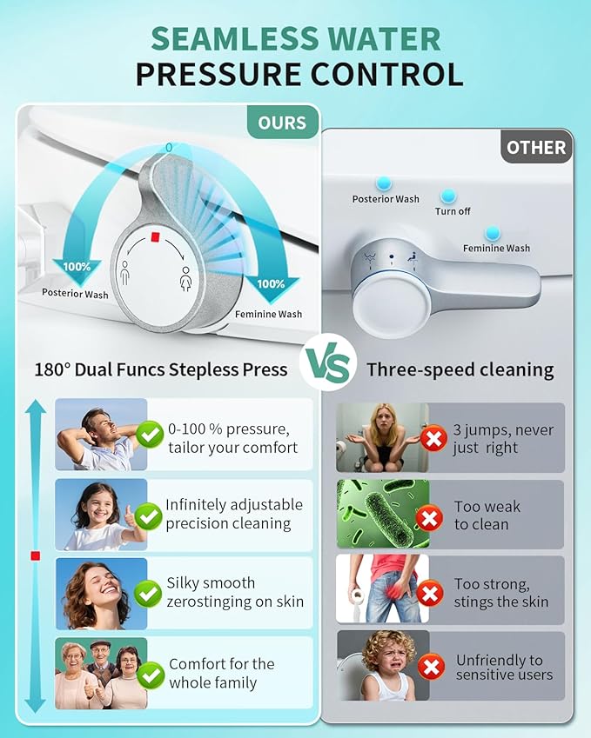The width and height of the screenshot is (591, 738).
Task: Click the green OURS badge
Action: (281, 123)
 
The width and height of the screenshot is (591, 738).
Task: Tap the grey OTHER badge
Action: (535, 147)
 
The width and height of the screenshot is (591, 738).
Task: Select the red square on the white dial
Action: (153, 237)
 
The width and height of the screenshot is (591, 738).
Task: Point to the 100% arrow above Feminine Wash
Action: (270, 284)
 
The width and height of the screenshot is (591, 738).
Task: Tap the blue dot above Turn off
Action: (447, 196)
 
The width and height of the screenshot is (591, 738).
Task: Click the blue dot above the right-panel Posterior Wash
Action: (383, 183)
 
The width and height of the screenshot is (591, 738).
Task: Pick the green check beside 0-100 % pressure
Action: (150, 433)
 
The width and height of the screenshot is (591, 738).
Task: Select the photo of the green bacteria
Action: (382, 514)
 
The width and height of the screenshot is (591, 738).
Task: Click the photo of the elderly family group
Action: (100, 674)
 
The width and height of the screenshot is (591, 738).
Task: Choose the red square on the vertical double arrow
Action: (35, 555)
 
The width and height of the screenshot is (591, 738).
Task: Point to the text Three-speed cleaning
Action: (460, 369)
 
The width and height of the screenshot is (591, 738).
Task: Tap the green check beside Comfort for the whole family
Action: (150, 674)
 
